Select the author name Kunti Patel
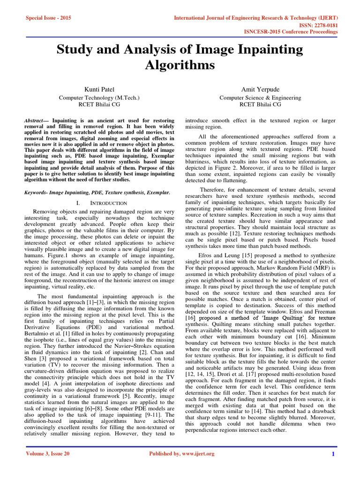(x=98, y=89)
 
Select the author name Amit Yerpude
(x=259, y=89)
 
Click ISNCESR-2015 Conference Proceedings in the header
(x=291, y=32)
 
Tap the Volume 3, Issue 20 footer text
(x=48, y=453)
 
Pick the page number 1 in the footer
(x=332, y=454)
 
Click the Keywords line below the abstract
(x=97, y=192)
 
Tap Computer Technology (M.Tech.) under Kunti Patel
(x=98, y=97)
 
